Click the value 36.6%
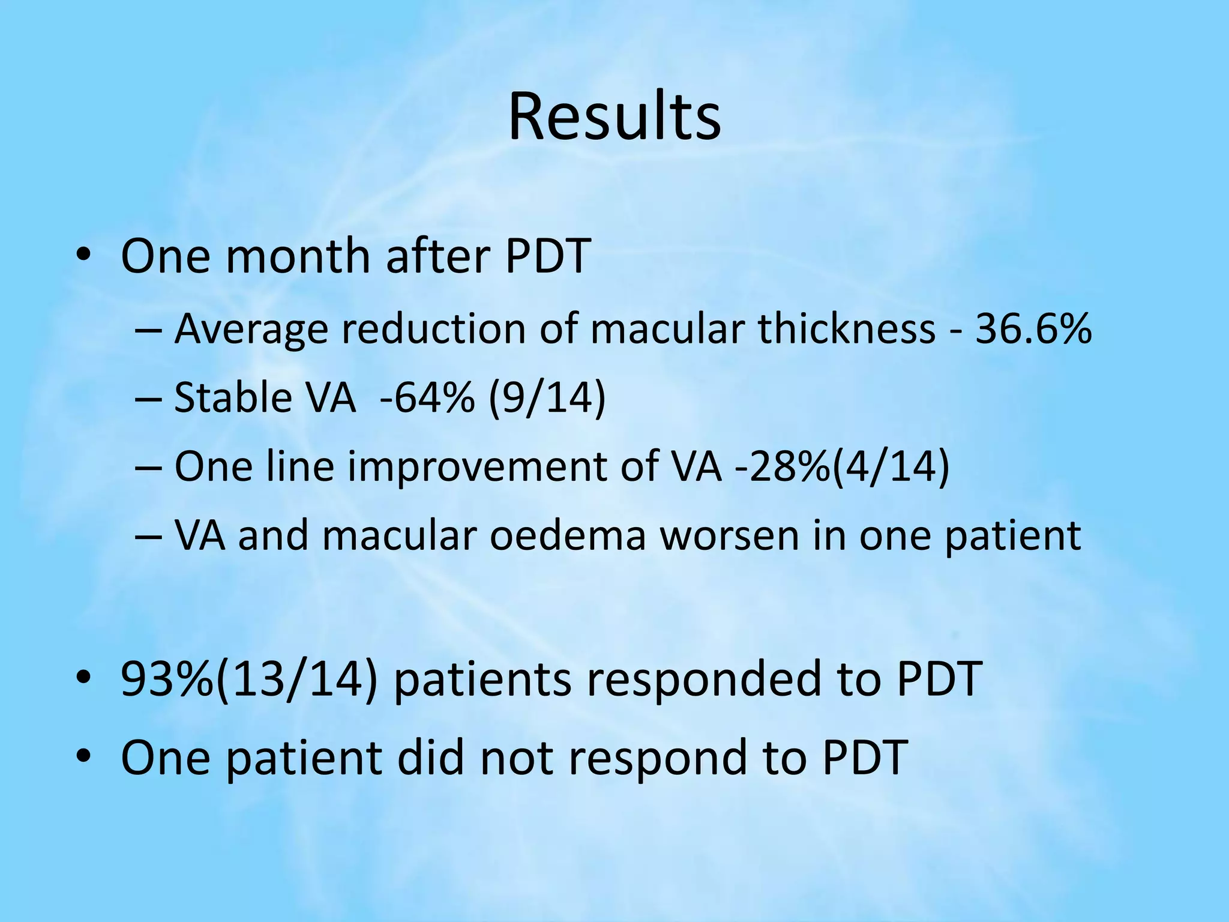pyautogui.click(x=1033, y=329)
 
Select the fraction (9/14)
pyautogui.click(x=547, y=397)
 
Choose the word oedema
pyautogui.click(x=567, y=535)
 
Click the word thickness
pyautogui.click(x=846, y=329)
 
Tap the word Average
pyautogui.click(x=251, y=330)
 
